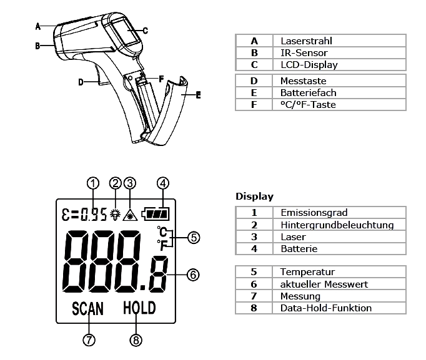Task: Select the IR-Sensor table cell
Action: [304, 53]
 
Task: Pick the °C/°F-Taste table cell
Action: [308, 104]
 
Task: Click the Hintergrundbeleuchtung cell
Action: [337, 225]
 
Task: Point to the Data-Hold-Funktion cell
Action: [326, 308]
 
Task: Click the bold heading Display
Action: [254, 197]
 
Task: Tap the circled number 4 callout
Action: [163, 183]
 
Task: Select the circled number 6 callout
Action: [194, 274]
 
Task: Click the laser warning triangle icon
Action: [131, 214]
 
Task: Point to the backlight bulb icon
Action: [115, 214]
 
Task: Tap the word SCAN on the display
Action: [87, 308]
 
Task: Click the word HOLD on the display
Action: [139, 308]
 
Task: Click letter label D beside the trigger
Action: [81, 82]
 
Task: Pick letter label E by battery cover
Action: [198, 95]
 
